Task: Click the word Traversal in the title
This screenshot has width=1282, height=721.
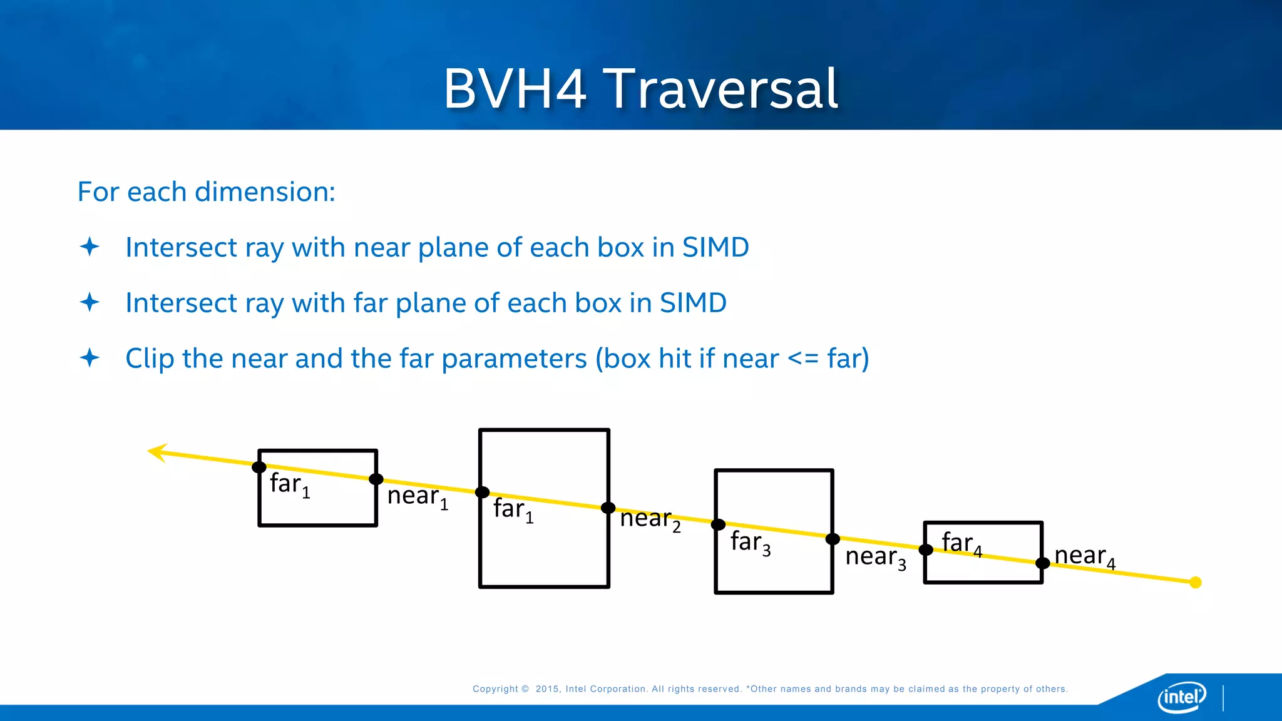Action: point(723,89)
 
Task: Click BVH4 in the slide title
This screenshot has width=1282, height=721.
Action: point(515,89)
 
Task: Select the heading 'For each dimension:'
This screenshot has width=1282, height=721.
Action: point(206,192)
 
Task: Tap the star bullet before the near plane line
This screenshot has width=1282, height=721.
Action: point(90,247)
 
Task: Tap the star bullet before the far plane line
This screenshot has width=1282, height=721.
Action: point(90,302)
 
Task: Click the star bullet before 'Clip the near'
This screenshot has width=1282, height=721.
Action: point(90,358)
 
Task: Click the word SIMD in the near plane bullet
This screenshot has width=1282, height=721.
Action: point(715,247)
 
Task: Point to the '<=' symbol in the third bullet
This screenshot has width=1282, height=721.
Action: point(803,359)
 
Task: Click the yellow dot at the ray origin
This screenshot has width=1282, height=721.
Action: point(1196,583)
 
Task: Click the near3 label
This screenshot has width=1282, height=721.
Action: point(875,557)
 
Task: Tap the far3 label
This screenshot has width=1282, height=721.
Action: point(749,542)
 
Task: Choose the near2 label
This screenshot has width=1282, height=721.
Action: point(650,519)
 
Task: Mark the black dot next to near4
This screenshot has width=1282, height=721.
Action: point(1042,563)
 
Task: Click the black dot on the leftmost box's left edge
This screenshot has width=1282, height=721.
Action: point(259,467)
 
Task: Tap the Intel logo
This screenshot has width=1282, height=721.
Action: point(1182,697)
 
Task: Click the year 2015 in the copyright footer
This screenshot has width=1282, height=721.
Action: point(547,689)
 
